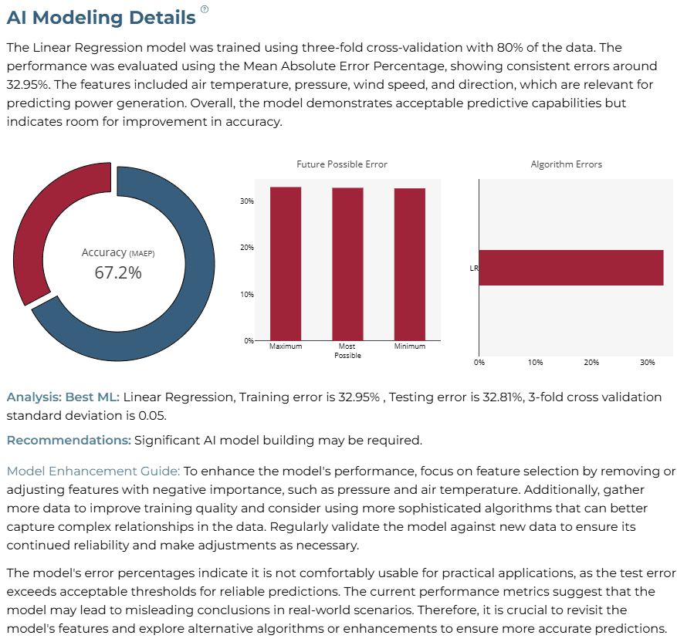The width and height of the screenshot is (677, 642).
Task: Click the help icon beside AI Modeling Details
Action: coord(205,9)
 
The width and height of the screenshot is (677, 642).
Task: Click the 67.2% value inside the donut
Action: coord(118,272)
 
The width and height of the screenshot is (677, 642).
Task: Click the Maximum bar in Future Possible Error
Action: coord(286,264)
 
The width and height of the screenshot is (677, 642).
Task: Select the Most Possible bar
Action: coord(347,264)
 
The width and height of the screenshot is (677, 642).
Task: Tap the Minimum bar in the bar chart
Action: coord(410,265)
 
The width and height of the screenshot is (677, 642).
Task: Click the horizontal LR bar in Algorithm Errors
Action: coord(571,268)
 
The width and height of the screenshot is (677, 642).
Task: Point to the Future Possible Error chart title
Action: coord(342,164)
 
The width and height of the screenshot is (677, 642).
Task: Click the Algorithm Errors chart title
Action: coord(567,164)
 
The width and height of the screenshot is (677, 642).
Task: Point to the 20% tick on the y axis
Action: coord(247,248)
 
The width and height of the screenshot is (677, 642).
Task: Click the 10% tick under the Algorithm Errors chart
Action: coord(536,363)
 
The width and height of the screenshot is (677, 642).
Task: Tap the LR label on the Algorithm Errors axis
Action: coord(474,268)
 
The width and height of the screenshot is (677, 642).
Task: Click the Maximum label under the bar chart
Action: coord(286,346)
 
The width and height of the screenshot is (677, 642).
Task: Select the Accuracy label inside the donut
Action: coord(104,252)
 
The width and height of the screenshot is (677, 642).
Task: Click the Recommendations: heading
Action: coord(69,440)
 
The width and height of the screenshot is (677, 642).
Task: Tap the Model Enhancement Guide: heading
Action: coord(93,471)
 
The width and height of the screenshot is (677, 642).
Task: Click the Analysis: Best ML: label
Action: coord(63,397)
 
